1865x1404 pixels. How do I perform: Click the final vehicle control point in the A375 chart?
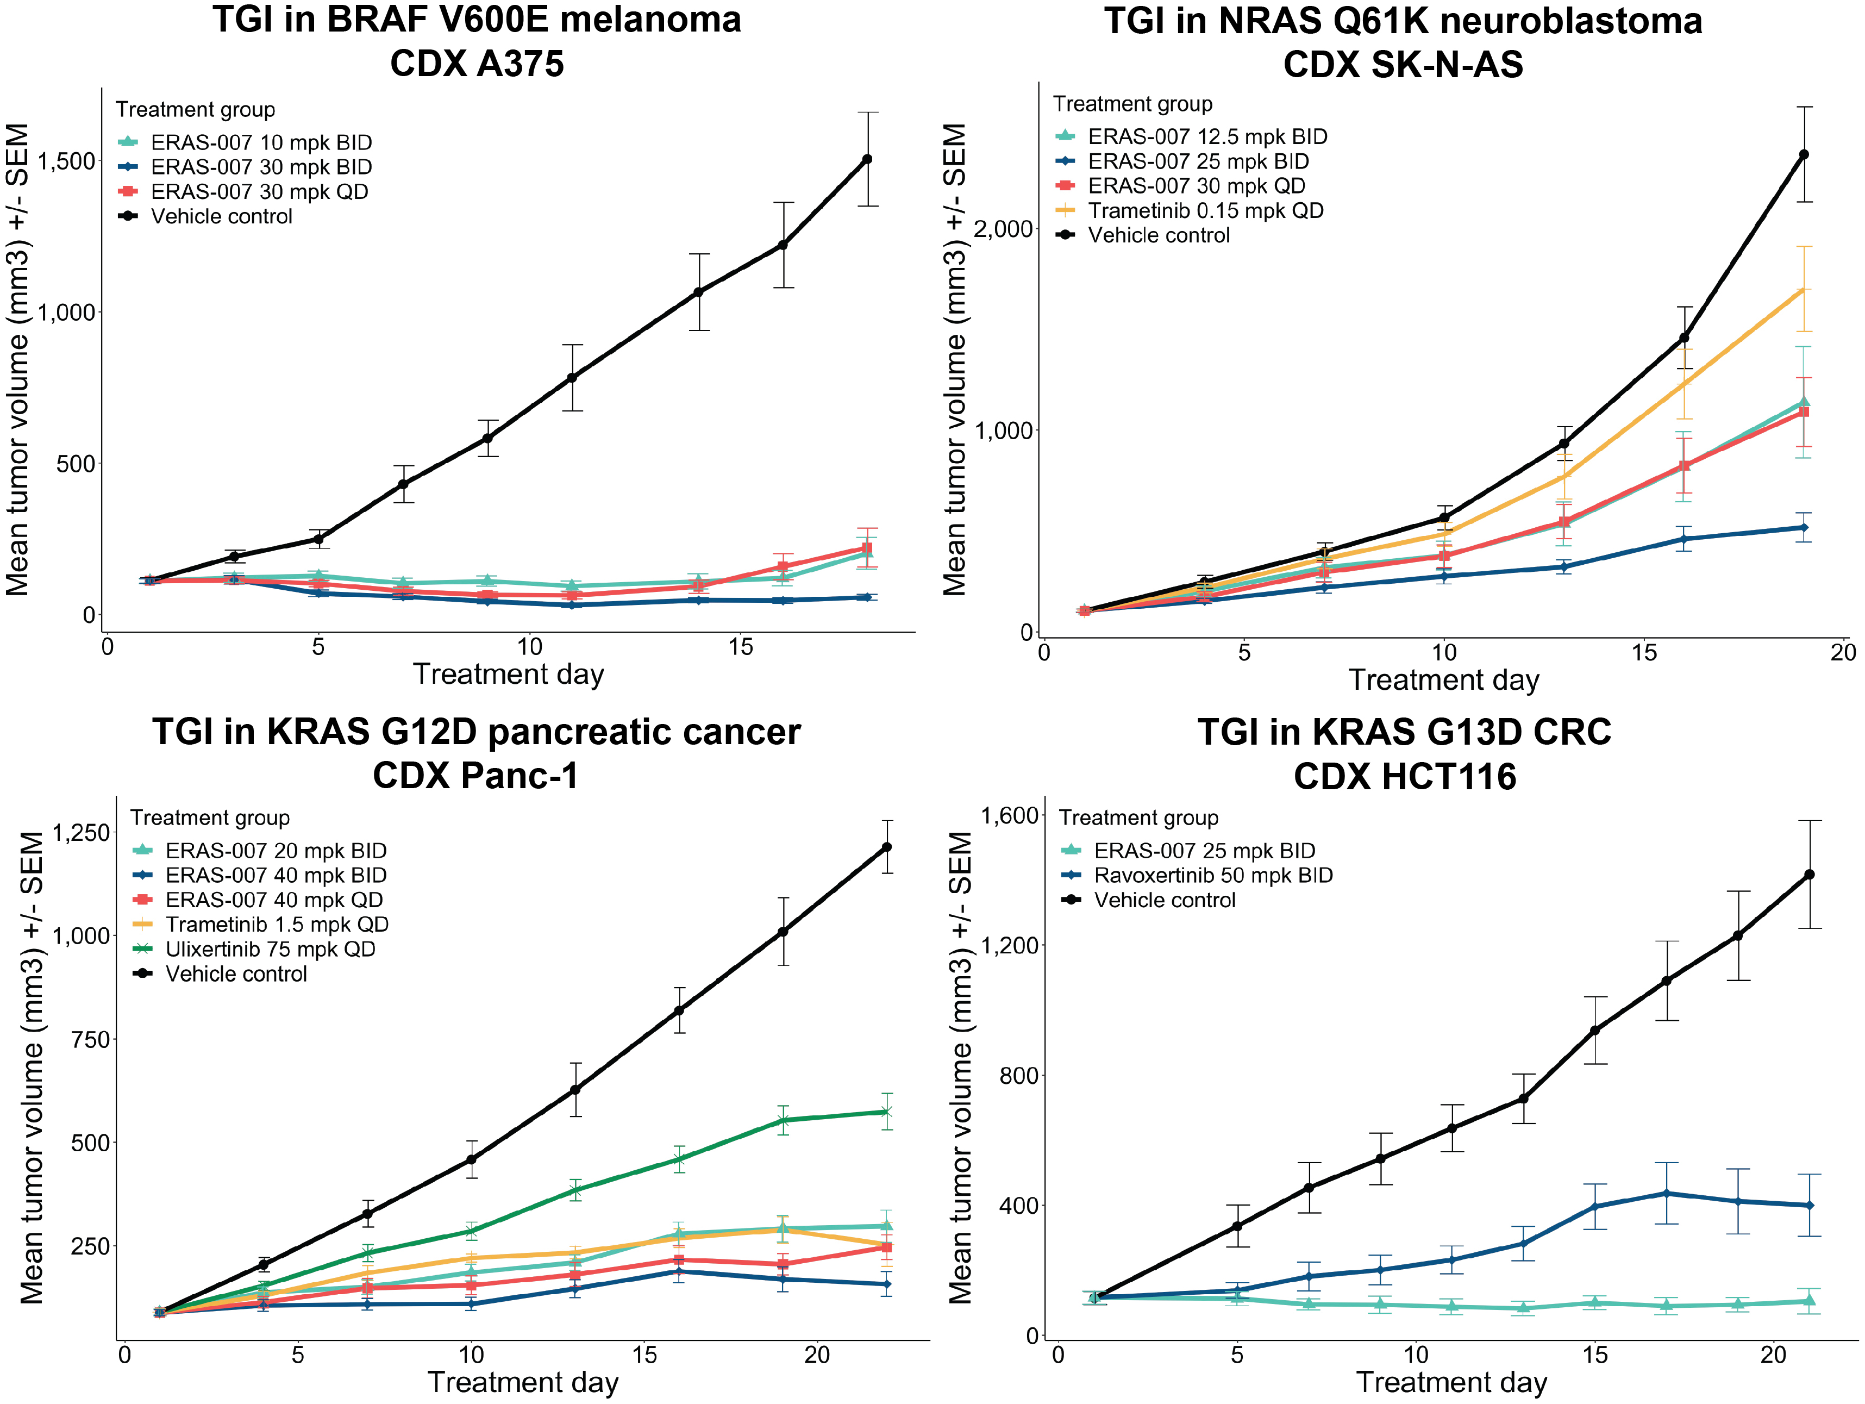click(867, 159)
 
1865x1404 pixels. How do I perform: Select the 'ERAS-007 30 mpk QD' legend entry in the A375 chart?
click(260, 191)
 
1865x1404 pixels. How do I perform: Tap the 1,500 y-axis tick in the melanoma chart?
click(67, 161)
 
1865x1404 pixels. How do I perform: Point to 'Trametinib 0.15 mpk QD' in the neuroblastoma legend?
click(1206, 211)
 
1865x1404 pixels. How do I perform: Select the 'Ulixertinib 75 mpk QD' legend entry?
click(270, 950)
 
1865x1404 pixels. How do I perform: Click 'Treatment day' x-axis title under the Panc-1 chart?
click(523, 1382)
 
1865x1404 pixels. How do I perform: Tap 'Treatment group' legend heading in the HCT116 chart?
click(1138, 818)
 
